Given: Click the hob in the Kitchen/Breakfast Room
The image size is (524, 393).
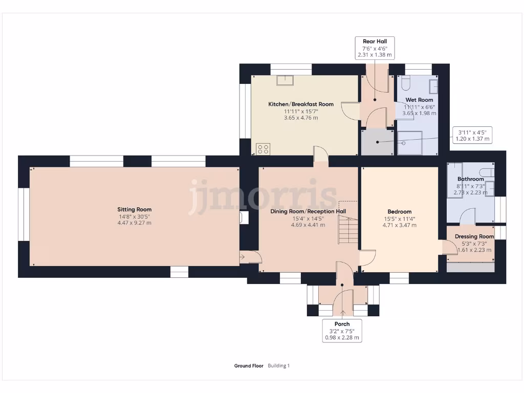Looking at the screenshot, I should tap(263, 149).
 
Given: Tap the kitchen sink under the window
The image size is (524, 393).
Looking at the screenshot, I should tap(285, 80).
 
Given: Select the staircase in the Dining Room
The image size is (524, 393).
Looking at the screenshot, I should tap(346, 230).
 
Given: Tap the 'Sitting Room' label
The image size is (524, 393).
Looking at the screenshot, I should tap(135, 209).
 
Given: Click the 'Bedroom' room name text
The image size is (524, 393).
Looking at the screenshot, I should tap(399, 211).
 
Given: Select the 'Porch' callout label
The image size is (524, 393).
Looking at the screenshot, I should tap(342, 331).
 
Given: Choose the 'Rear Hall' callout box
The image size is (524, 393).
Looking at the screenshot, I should tap(375, 48).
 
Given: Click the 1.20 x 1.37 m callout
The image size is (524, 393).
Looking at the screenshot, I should tap(472, 136).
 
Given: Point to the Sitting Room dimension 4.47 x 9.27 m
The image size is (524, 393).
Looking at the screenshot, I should tap(135, 223).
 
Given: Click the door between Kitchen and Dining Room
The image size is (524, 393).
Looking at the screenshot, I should tap(320, 154).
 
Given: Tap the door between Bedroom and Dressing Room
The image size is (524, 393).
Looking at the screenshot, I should tap(449, 247).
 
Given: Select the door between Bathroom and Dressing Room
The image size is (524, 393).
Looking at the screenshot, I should tap(468, 218).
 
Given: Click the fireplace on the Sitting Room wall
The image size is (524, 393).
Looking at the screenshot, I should tap(245, 217).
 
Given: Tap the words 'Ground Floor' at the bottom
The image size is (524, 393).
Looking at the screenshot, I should tap(249, 366).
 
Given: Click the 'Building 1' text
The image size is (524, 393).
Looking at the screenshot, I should tap(279, 366).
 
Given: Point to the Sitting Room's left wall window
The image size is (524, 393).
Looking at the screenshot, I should tap(21, 213).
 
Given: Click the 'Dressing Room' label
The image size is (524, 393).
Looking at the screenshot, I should tap(474, 236).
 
